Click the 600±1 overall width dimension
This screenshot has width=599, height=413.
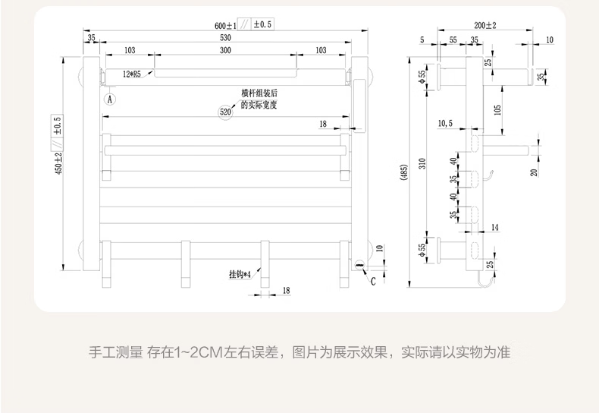pyautogui.click(x=225, y=25)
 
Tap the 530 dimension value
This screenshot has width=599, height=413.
pyautogui.click(x=225, y=37)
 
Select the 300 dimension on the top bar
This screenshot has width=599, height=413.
pyautogui.click(x=225, y=51)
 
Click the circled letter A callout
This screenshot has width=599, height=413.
pyautogui.click(x=110, y=99)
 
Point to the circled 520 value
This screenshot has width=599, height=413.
pyautogui.click(x=225, y=112)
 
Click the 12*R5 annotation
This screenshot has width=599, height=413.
pyautogui.click(x=133, y=74)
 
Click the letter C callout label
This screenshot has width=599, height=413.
pyautogui.click(x=373, y=281)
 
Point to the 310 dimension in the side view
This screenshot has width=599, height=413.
pyautogui.click(x=422, y=161)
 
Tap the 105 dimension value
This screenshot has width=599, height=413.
pyautogui.click(x=497, y=109)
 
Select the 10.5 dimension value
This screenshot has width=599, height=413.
pyautogui.click(x=445, y=123)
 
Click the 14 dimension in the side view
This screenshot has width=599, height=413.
pyautogui.click(x=494, y=228)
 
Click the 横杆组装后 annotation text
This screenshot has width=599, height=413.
pyautogui.click(x=259, y=93)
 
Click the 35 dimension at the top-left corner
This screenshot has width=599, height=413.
pyautogui.click(x=91, y=37)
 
